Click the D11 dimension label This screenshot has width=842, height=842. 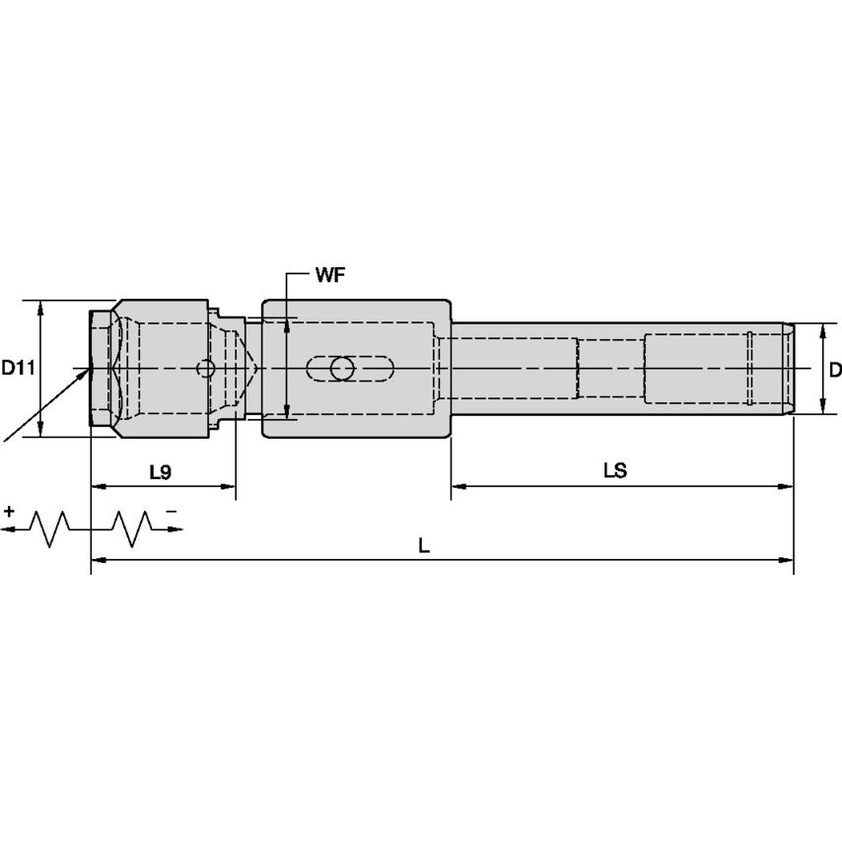(18, 369)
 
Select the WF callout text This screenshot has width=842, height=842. (329, 275)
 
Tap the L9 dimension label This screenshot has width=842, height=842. (160, 472)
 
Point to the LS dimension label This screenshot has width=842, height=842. (615, 471)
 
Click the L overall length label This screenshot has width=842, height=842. (424, 545)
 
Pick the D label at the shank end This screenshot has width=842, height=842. (834, 370)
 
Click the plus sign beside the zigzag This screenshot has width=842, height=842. (10, 512)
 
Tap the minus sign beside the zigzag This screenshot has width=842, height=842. (171, 512)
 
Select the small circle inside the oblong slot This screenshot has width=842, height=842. (342, 369)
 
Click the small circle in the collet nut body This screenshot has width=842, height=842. (205, 369)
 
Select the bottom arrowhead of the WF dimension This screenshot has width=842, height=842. (286, 413)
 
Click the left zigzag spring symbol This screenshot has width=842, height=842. (54, 528)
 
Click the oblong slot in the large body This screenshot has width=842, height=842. (351, 369)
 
